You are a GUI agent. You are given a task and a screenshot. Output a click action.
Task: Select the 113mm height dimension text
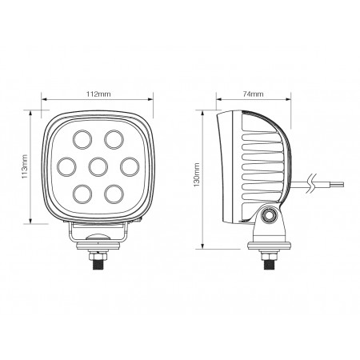tap(26, 168)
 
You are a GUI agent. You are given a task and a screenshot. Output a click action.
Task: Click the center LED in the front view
tap(98, 167)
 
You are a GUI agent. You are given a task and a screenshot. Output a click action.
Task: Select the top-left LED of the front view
tap(82, 142)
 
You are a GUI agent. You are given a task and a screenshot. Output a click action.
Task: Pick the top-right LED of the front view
tap(113, 142)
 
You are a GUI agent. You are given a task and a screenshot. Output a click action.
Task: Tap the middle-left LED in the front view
tap(67, 167)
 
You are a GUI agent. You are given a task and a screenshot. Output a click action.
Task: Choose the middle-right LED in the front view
tap(128, 167)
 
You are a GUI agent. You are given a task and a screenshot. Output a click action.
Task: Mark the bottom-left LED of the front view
tap(82, 193)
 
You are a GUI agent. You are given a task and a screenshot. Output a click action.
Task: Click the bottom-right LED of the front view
tap(113, 193)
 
